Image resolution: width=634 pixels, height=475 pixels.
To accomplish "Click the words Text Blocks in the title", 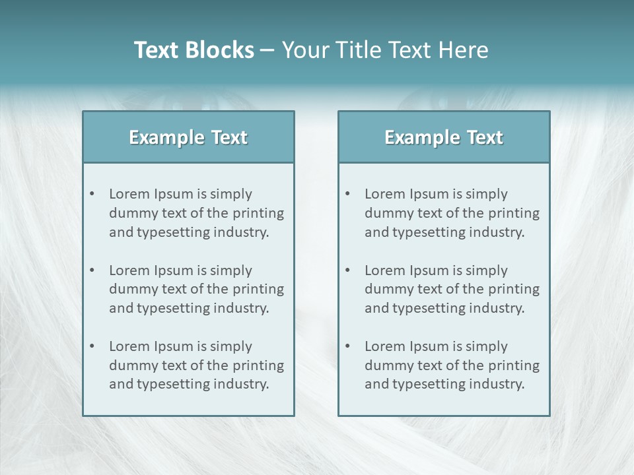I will (x=194, y=50).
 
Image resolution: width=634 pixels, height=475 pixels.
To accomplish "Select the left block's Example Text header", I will (x=188, y=137).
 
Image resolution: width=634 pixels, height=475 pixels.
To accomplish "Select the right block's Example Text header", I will (x=444, y=137).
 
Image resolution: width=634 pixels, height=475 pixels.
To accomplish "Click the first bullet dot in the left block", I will (x=92, y=194).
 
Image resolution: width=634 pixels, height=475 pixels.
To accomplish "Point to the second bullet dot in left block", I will (x=92, y=270).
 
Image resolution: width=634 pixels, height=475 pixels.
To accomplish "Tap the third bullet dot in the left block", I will (x=92, y=346).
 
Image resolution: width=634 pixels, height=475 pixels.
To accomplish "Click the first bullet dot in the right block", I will (x=347, y=194).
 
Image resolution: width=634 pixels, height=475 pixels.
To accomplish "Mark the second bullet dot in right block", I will (x=347, y=270).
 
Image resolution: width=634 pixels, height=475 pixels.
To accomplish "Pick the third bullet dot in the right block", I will (x=347, y=346).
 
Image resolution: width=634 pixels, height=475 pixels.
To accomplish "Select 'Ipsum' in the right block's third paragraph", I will (x=429, y=346).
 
